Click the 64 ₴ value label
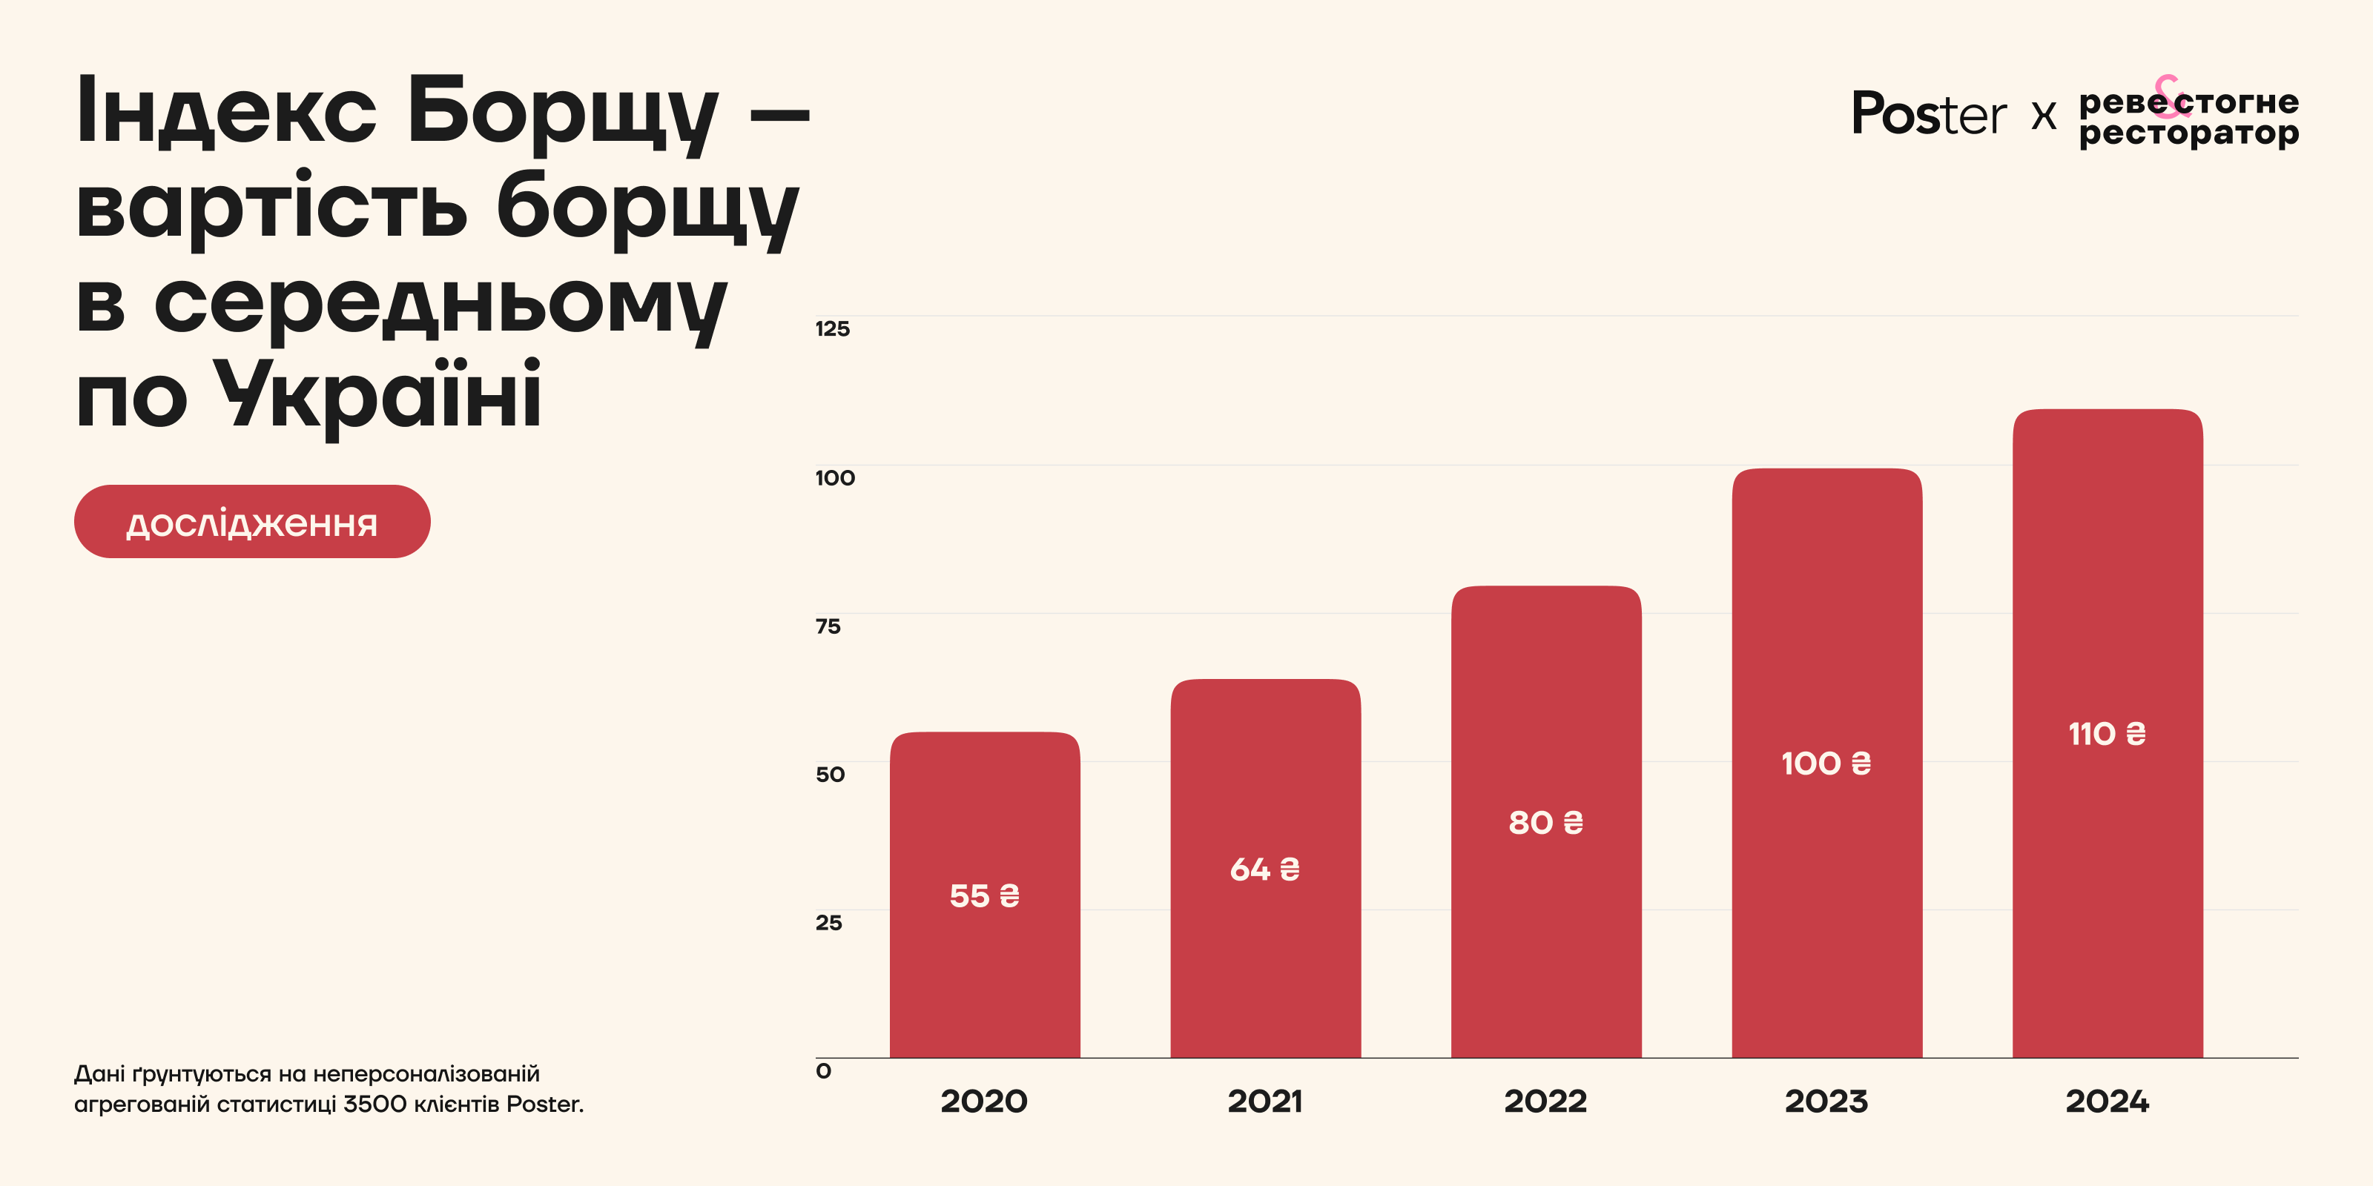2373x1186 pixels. pos(1265,869)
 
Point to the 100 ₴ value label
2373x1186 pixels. pos(1826,763)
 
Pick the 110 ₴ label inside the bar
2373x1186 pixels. pos(2108,734)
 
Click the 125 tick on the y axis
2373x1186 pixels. pos(833,328)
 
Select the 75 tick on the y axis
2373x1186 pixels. pos(828,626)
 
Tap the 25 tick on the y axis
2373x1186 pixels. pos(829,923)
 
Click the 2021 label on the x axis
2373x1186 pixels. pos(1265,1101)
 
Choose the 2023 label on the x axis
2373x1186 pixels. pos(1826,1101)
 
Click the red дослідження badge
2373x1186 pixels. pos(251,522)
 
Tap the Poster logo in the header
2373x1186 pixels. pos(1928,114)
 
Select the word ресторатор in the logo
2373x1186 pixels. pos(2189,133)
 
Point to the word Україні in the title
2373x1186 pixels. pos(377,394)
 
